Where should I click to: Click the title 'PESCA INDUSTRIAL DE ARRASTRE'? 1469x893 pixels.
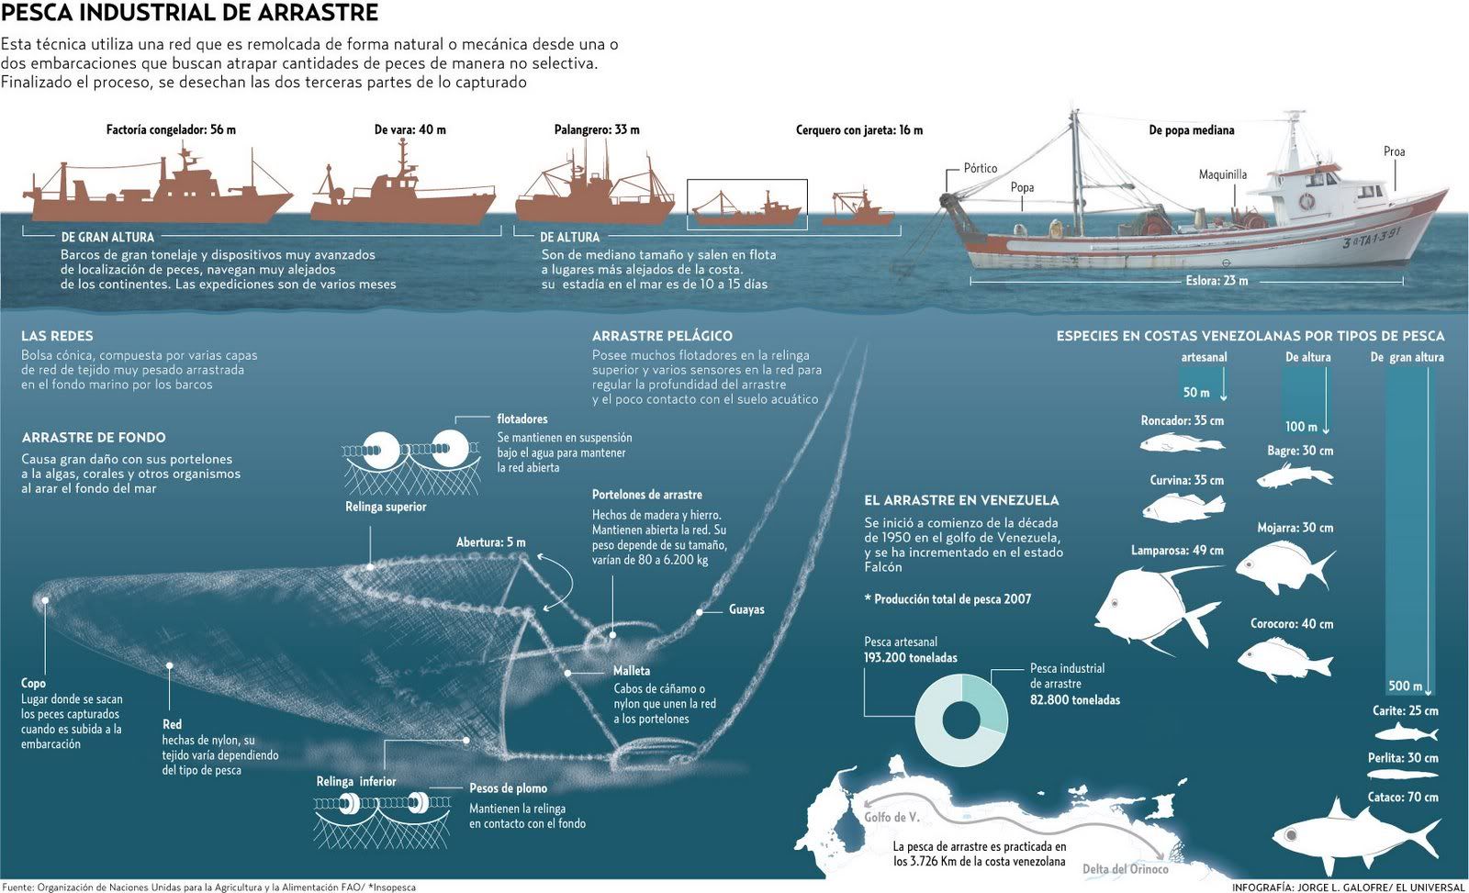pyautogui.click(x=189, y=13)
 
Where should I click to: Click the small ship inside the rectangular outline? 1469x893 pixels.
pyautogui.click(x=746, y=210)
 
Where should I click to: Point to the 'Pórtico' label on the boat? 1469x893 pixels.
pyautogui.click(x=980, y=168)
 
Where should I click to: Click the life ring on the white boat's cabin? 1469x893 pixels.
pyautogui.click(x=1306, y=201)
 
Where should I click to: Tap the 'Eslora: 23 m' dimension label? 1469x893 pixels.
pyautogui.click(x=1216, y=281)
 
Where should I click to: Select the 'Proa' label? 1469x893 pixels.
pyautogui.click(x=1394, y=151)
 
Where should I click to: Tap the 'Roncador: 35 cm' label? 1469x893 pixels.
pyautogui.click(x=1182, y=420)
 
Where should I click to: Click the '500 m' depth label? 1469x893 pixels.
pyautogui.click(x=1405, y=686)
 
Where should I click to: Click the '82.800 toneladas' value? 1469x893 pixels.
pyautogui.click(x=1074, y=699)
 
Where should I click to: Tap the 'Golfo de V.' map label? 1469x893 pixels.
pyautogui.click(x=891, y=817)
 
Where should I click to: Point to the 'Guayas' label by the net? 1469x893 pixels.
pyautogui.click(x=746, y=609)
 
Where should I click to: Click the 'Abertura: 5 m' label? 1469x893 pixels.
pyautogui.click(x=490, y=542)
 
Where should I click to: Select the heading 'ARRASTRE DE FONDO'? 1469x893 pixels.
pyautogui.click(x=93, y=438)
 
